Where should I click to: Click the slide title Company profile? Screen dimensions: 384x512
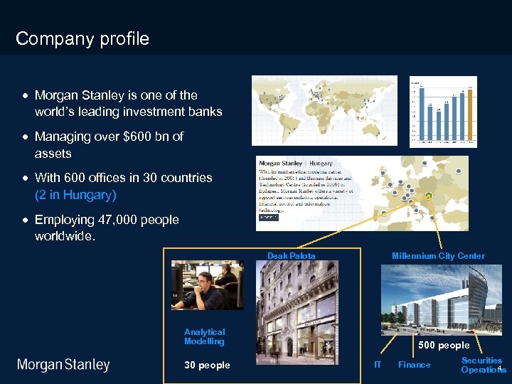click(x=82, y=38)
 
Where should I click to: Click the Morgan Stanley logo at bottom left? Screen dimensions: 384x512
click(x=63, y=365)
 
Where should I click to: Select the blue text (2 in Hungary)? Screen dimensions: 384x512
click(x=75, y=194)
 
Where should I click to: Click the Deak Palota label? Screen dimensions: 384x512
click(x=291, y=256)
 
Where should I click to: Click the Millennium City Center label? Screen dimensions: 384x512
click(x=438, y=256)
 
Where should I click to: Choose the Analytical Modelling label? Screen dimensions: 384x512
click(x=204, y=336)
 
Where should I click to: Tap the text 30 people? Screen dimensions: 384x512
click(x=207, y=365)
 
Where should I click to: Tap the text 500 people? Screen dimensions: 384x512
click(x=444, y=346)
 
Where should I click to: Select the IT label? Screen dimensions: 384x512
click(x=378, y=365)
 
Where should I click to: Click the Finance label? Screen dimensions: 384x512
click(x=414, y=365)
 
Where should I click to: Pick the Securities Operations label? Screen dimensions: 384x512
click(x=481, y=365)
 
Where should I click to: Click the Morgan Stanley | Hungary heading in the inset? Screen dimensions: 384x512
click(x=296, y=164)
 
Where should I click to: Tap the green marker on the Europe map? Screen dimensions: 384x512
click(x=429, y=196)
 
